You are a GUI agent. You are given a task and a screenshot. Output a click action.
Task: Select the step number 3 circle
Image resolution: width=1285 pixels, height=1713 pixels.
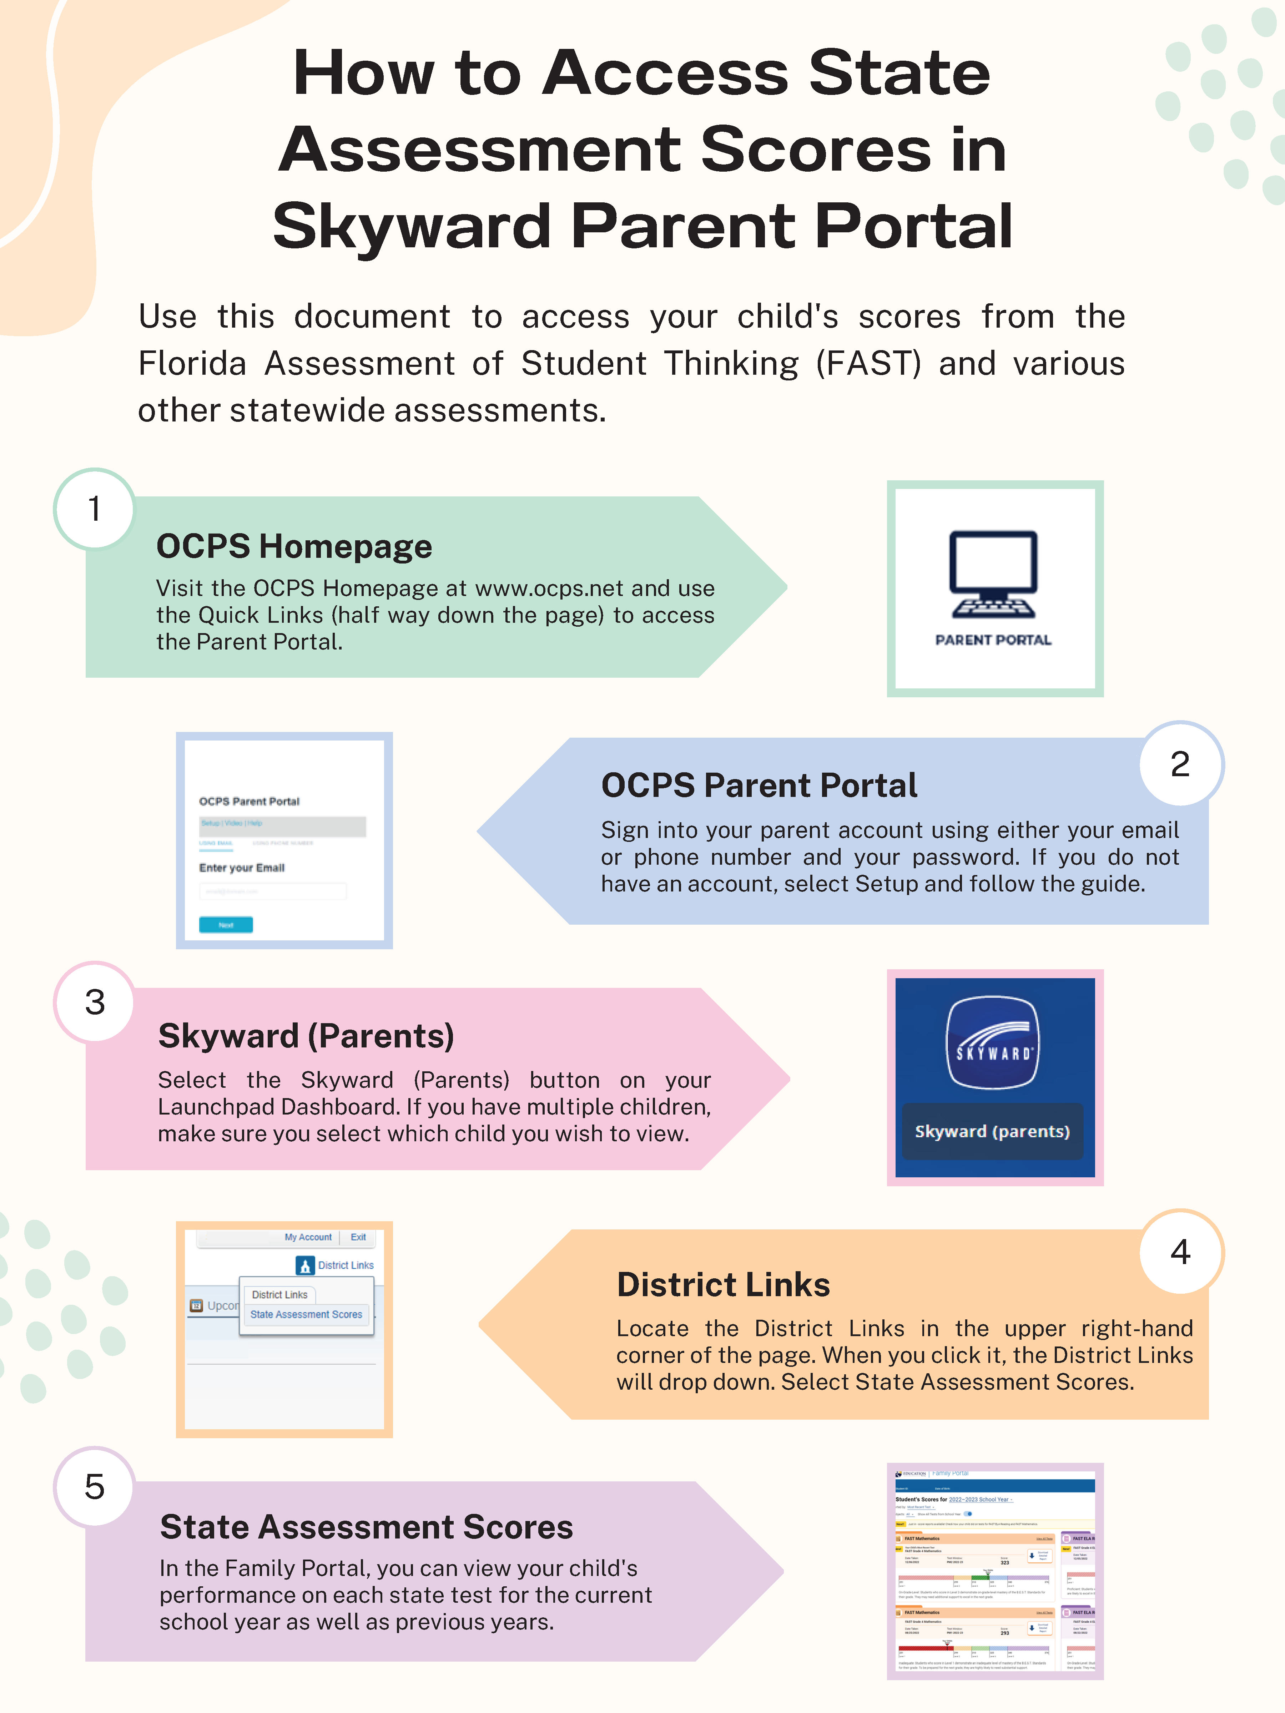pyautogui.click(x=95, y=1002)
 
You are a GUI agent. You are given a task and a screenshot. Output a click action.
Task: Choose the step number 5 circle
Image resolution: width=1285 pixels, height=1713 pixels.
pyautogui.click(x=95, y=1487)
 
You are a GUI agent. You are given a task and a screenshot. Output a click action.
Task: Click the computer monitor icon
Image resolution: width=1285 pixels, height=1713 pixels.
pyautogui.click(x=994, y=573)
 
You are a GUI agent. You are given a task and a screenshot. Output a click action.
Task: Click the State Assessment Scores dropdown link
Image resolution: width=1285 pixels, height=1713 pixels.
pyautogui.click(x=306, y=1314)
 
